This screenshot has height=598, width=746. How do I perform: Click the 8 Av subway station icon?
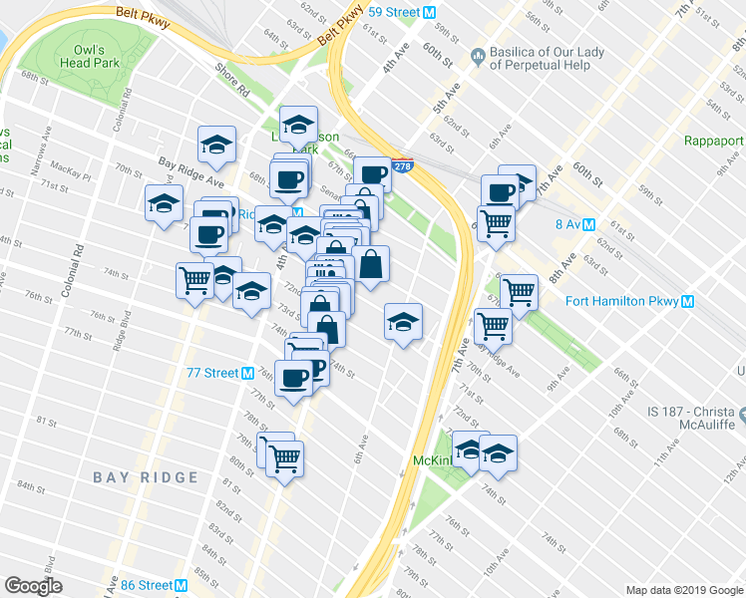click(x=588, y=225)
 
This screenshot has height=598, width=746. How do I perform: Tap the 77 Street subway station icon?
click(x=246, y=373)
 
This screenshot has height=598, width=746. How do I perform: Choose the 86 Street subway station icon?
click(x=180, y=585)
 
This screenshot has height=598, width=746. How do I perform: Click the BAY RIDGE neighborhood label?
click(x=147, y=477)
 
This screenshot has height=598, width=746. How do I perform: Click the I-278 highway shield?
click(x=402, y=166)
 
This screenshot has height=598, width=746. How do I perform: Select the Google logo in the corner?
click(x=34, y=586)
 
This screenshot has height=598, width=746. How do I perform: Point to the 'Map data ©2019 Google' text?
click(x=683, y=590)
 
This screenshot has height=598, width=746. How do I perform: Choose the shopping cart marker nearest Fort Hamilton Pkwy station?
click(x=519, y=291)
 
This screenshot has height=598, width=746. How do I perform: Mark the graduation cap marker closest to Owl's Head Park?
click(x=216, y=144)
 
